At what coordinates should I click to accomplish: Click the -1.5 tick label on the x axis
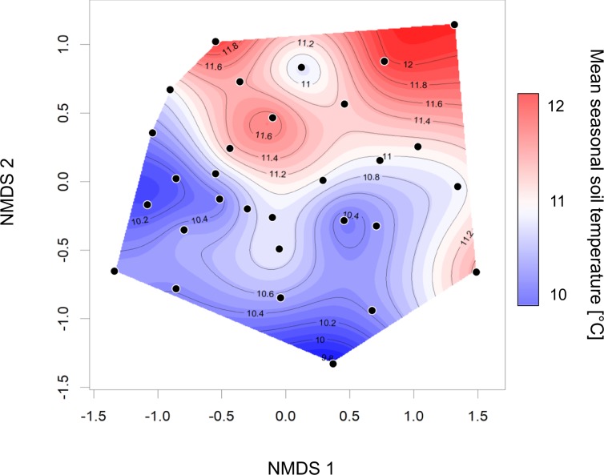tap(94, 417)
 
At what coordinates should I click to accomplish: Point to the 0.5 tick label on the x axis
tap(349, 417)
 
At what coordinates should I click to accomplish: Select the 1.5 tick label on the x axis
tap(477, 417)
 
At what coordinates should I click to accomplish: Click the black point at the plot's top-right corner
tap(454, 25)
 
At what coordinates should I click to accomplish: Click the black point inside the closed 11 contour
tap(301, 67)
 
